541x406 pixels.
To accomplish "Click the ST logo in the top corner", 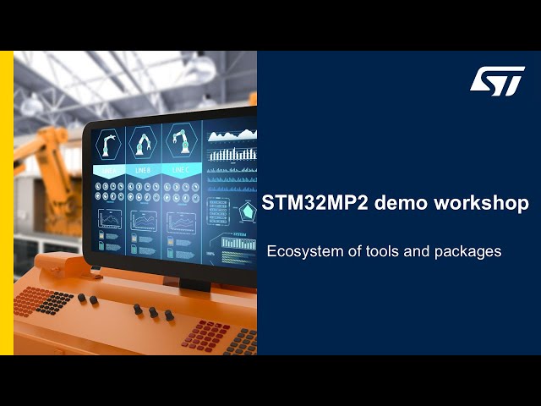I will pos(497,81).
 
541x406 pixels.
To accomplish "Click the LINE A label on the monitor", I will pos(109,170).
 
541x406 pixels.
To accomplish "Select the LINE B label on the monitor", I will pos(144,170).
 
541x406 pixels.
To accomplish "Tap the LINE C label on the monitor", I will pos(180,169).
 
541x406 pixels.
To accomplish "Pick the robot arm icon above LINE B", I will pos(145,141).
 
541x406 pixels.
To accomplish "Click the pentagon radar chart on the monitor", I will pos(249,211).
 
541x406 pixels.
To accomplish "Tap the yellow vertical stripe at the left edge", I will pos(6,203).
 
